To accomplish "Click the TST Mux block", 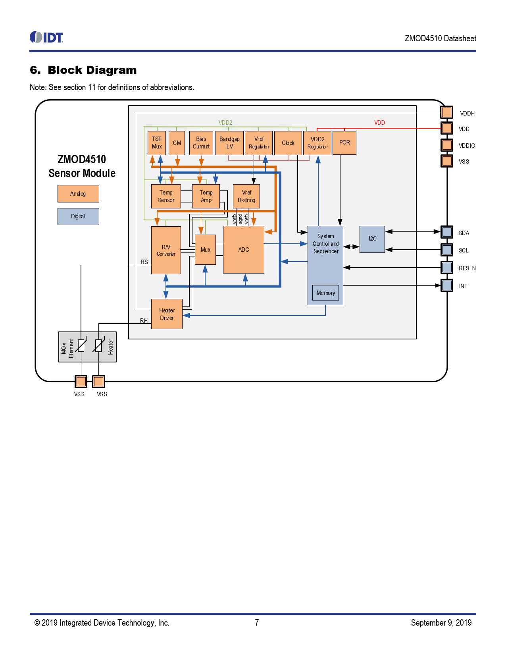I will [156, 143].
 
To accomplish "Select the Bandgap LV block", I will [229, 143].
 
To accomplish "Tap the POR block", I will [344, 143].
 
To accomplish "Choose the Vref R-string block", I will [246, 196].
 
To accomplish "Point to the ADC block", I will [244, 250].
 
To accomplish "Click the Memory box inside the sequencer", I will [325, 293].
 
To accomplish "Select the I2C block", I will [372, 239].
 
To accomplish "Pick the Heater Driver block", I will [167, 314].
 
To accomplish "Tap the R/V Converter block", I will [166, 250].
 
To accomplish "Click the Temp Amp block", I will [206, 196].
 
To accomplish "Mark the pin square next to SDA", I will [447, 232].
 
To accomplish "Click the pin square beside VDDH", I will [447, 112].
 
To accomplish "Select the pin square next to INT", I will [447, 285].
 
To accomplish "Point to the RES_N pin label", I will [467, 268].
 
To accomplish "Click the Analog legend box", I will [78, 194].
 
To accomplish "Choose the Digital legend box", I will [78, 217].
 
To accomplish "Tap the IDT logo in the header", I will [46, 37].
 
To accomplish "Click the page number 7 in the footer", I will [257, 622].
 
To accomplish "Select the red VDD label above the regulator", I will [379, 123].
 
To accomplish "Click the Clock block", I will [288, 143].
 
